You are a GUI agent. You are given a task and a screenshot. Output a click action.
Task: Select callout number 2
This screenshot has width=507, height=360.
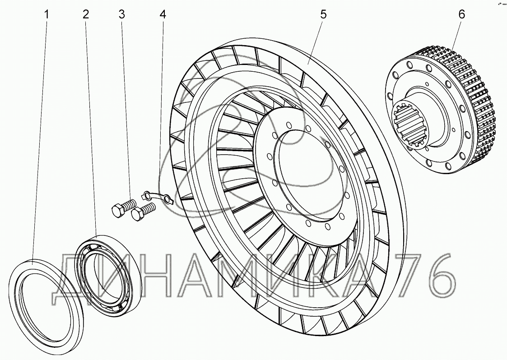(x=85, y=14)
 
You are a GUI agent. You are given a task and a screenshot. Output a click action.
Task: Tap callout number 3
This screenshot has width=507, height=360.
(x=121, y=14)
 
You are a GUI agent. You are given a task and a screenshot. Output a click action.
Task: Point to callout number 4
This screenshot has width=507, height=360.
(x=163, y=14)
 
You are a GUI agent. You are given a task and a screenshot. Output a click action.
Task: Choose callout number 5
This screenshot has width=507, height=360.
(x=323, y=14)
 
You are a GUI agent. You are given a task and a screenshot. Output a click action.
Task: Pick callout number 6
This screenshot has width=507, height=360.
(x=461, y=14)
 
